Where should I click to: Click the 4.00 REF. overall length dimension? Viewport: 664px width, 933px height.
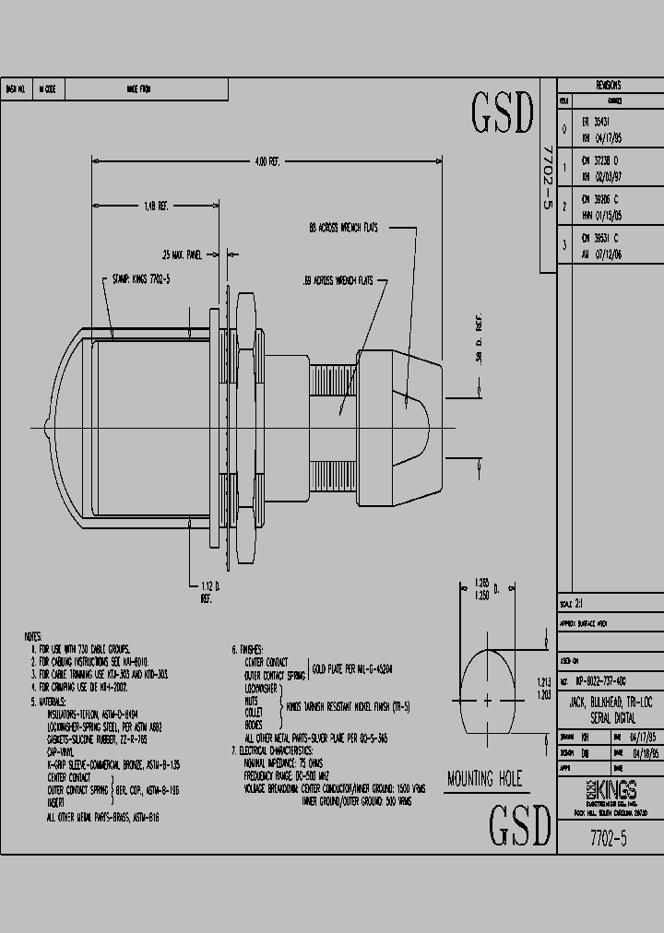(267, 161)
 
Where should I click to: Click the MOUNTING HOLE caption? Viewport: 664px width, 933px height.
(484, 780)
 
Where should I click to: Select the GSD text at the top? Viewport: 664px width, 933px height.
(504, 112)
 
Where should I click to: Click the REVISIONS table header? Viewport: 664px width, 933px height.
(609, 84)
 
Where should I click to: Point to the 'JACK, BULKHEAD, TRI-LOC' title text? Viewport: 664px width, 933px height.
(609, 703)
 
